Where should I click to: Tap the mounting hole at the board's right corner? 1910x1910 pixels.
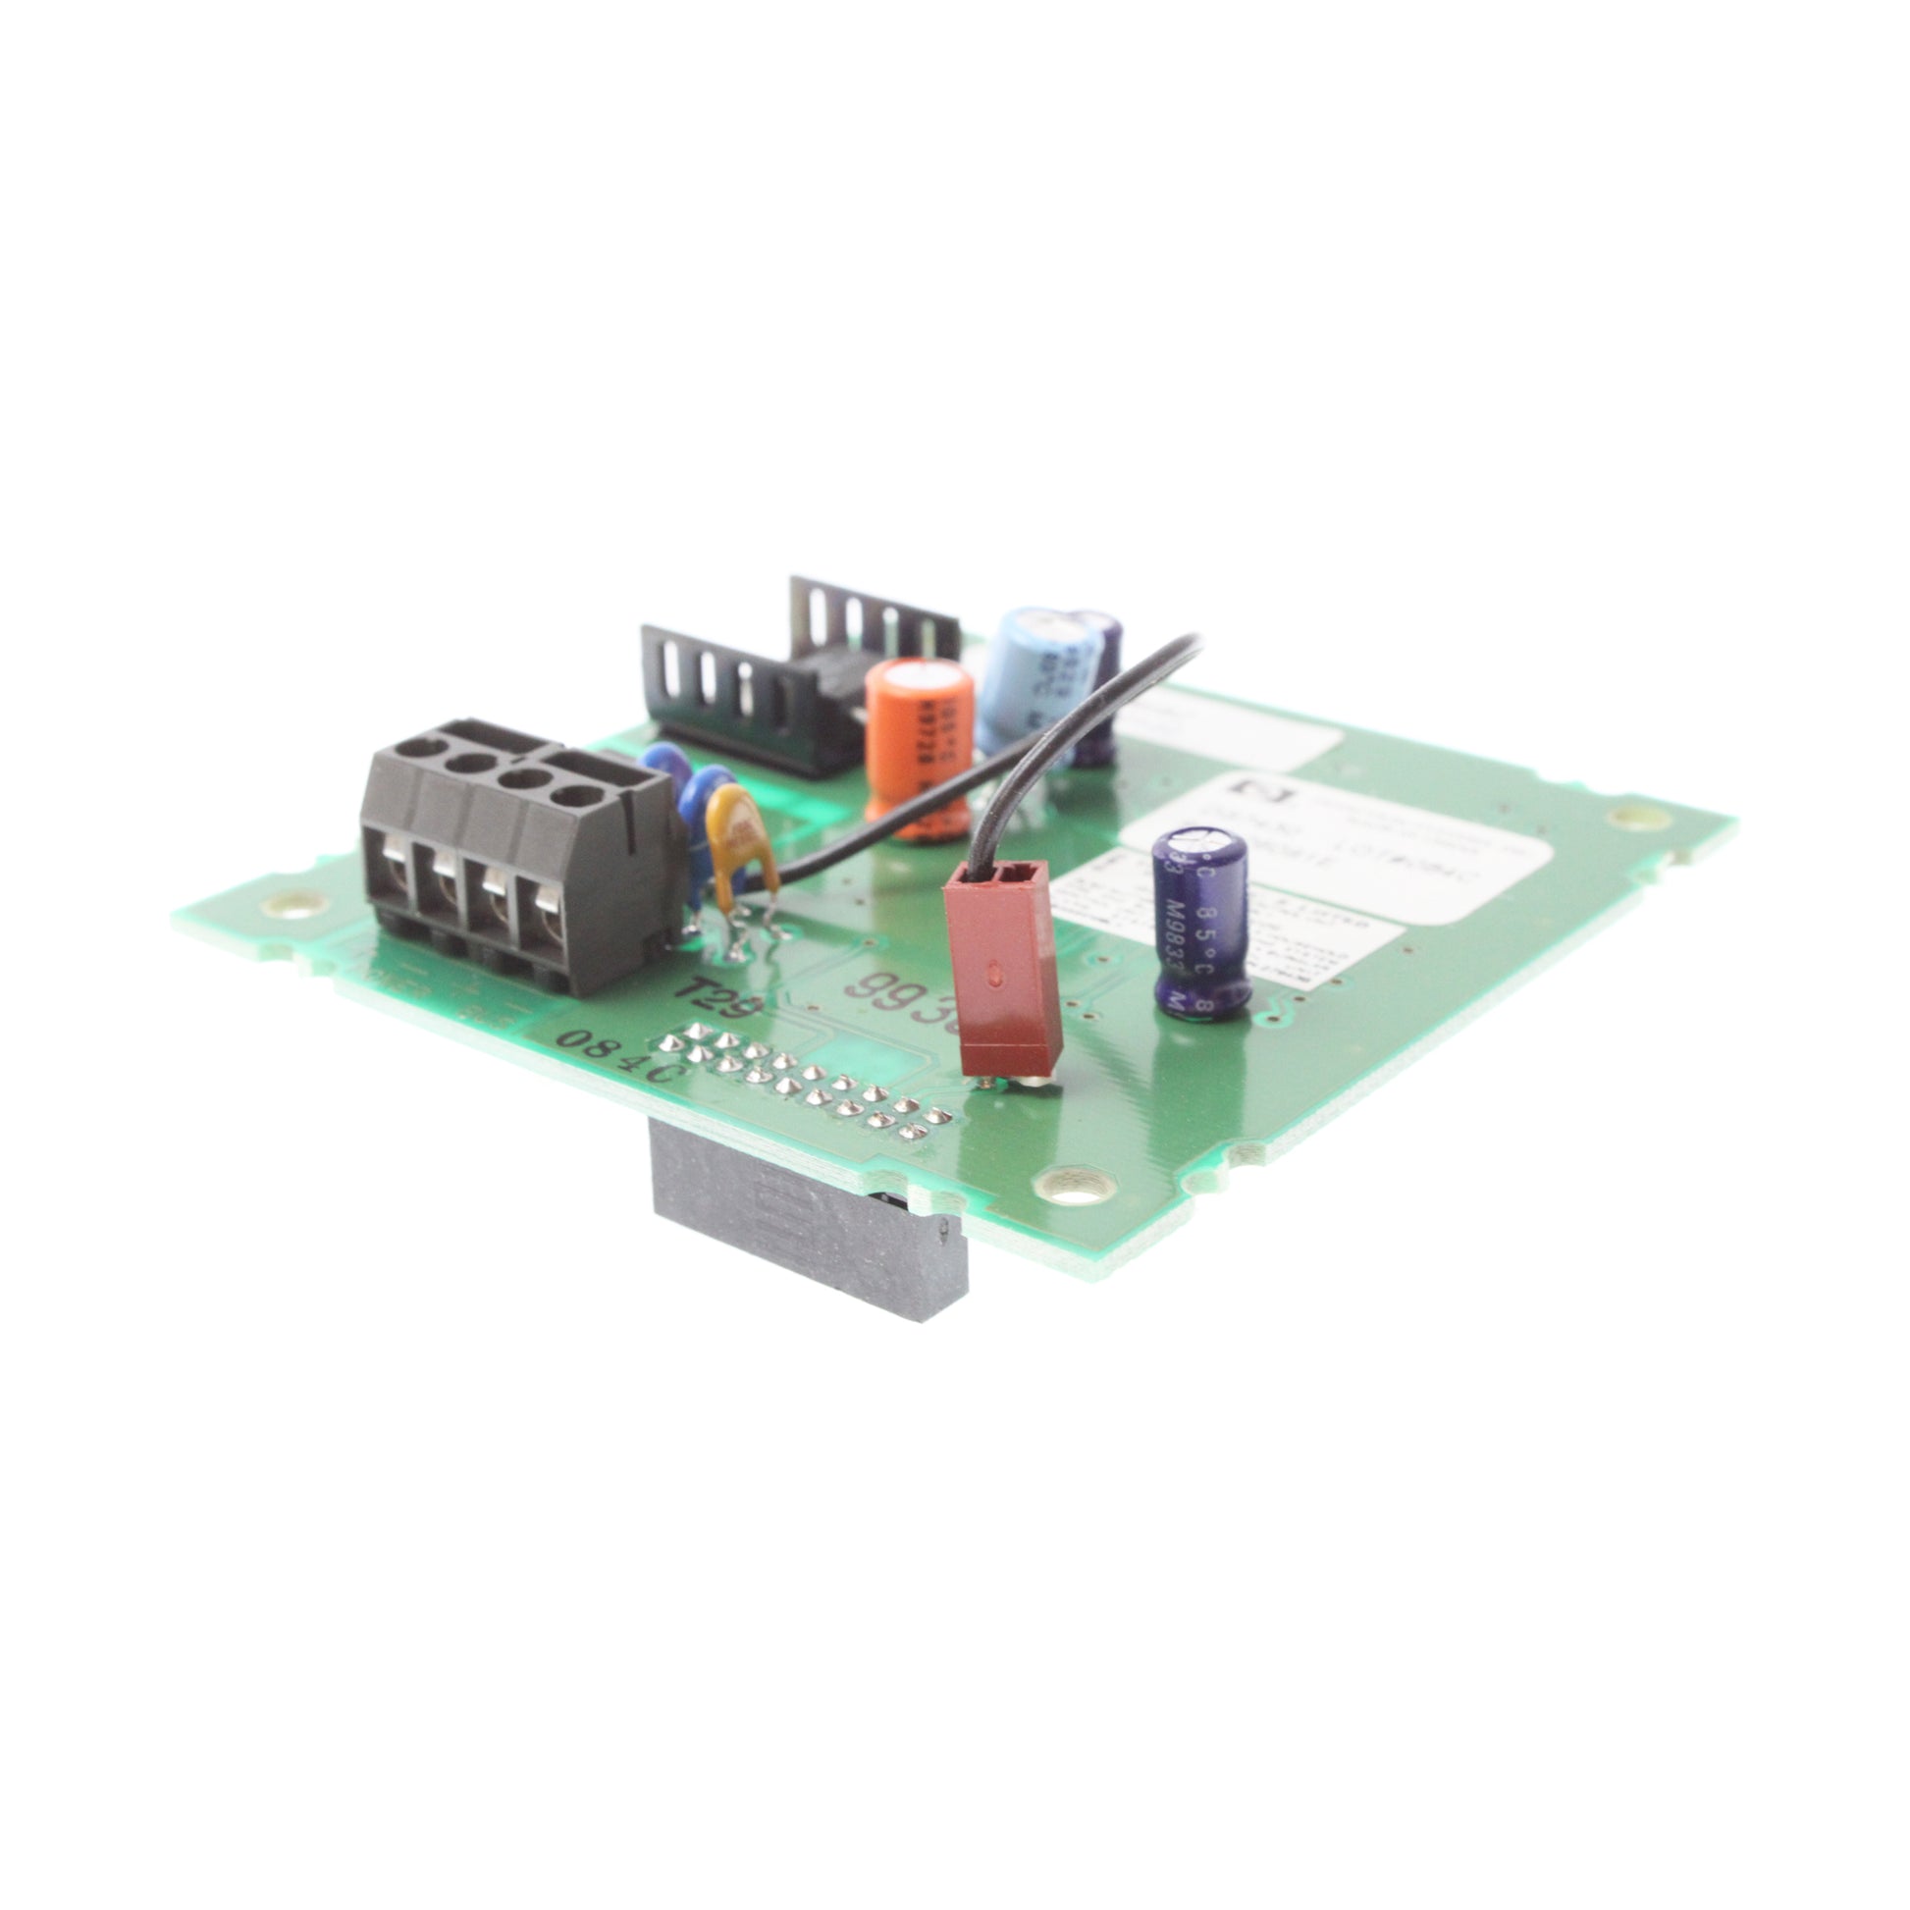point(1624,817)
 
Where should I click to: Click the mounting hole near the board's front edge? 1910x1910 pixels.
point(1066,1191)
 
